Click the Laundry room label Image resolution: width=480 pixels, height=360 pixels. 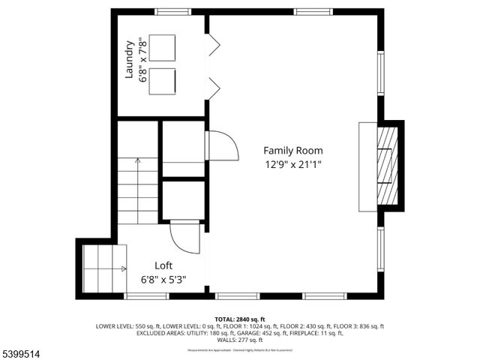pyautogui.click(x=129, y=59)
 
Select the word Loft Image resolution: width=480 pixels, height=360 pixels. pyautogui.click(x=163, y=265)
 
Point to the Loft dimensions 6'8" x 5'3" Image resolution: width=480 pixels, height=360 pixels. pyautogui.click(x=163, y=279)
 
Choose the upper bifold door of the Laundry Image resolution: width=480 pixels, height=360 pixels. pyautogui.click(x=213, y=46)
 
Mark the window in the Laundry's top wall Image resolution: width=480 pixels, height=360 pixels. pyautogui.click(x=167, y=11)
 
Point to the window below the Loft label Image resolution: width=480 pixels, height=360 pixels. pyautogui.click(x=146, y=295)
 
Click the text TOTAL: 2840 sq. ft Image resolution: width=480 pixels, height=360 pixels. pyautogui.click(x=239, y=319)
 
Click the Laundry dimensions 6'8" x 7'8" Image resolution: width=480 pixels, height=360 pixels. pyautogui.click(x=141, y=59)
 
